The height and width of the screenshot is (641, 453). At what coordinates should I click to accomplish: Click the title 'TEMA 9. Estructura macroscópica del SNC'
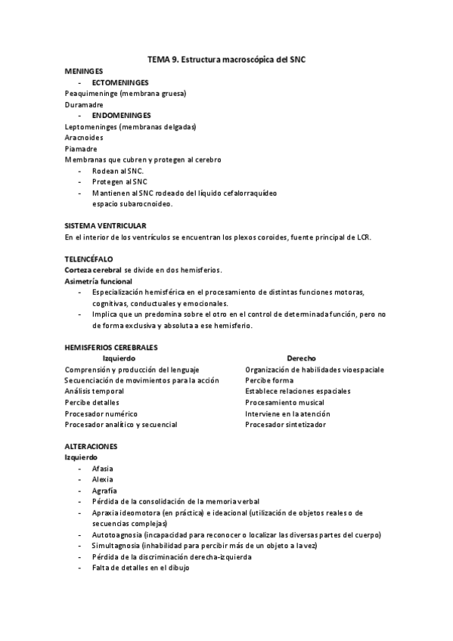pos(226,58)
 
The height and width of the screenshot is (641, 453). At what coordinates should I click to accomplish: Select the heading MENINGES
pos(84,70)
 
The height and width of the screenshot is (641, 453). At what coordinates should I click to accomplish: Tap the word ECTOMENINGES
pos(119,82)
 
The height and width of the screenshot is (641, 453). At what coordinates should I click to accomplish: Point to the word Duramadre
pos(84,104)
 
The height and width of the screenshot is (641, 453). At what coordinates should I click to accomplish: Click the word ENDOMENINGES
pos(121,116)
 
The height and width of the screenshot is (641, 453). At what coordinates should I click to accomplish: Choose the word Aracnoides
pos(85,138)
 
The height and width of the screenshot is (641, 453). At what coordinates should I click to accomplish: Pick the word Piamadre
pos(81,149)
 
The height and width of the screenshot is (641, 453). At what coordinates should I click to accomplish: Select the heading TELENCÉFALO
pos(89,259)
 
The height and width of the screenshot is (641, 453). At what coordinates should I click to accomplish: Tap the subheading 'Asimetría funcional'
pos(98,281)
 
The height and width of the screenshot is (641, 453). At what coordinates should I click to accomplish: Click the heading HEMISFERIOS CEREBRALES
pos(111,347)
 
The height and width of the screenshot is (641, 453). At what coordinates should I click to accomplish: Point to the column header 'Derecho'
pos(301,358)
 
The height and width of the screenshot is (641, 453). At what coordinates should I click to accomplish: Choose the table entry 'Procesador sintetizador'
pos(286,425)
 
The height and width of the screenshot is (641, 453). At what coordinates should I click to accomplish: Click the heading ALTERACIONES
pos(91,447)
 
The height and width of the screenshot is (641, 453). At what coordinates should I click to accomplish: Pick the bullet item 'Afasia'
pos(103,469)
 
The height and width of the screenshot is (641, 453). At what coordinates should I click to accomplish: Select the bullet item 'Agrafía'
pos(104,491)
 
